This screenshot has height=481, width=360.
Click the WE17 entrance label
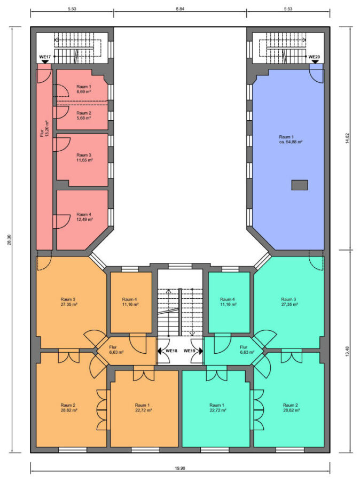click(x=45, y=57)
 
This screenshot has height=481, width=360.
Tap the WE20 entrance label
click(x=314, y=57)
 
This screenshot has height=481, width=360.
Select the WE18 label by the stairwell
click(x=171, y=351)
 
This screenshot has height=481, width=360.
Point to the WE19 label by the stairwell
click(x=190, y=351)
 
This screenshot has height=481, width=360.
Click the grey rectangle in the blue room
click(x=299, y=185)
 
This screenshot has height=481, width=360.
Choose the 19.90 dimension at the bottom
click(x=180, y=468)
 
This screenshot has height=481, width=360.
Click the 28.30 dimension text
click(x=9, y=239)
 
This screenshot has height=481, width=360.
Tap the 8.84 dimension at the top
click(x=180, y=9)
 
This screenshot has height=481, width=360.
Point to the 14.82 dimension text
click(x=347, y=138)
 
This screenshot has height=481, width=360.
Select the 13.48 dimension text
click(x=347, y=351)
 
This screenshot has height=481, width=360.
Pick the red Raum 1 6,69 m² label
click(x=83, y=89)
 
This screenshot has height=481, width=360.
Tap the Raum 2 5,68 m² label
click(x=83, y=115)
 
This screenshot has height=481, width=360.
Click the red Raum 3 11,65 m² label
click(x=84, y=158)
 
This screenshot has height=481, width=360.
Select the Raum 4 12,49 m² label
click(x=84, y=217)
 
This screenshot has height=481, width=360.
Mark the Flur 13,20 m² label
click(x=45, y=129)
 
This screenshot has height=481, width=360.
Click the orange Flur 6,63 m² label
click(x=116, y=350)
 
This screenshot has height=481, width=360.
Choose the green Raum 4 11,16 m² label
click(x=228, y=302)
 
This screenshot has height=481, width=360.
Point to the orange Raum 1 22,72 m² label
click(x=143, y=408)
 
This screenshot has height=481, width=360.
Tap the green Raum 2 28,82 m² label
click(x=291, y=408)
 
